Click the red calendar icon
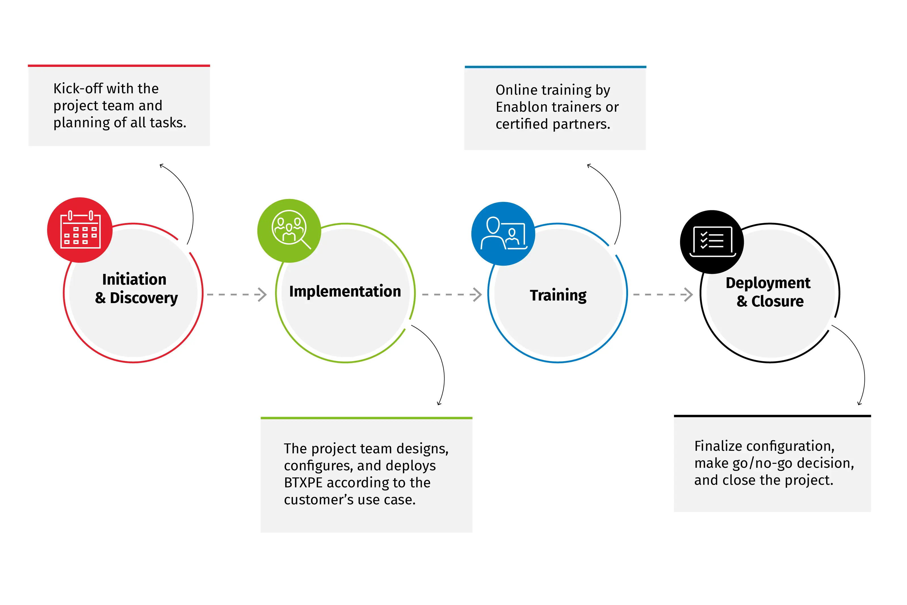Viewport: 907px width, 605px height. tap(80, 230)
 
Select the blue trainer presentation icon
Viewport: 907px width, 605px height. tap(503, 233)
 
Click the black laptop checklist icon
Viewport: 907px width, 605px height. tap(712, 242)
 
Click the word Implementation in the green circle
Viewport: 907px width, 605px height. tap(345, 291)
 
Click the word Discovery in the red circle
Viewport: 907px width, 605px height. tap(144, 298)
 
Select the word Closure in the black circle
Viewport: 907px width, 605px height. tap(777, 301)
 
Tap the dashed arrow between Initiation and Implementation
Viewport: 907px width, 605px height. tap(237, 294)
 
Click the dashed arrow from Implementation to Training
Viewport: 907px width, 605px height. tap(452, 294)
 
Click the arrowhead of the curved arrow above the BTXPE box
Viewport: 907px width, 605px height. tap(439, 403)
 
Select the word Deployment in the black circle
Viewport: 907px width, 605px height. tap(768, 283)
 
